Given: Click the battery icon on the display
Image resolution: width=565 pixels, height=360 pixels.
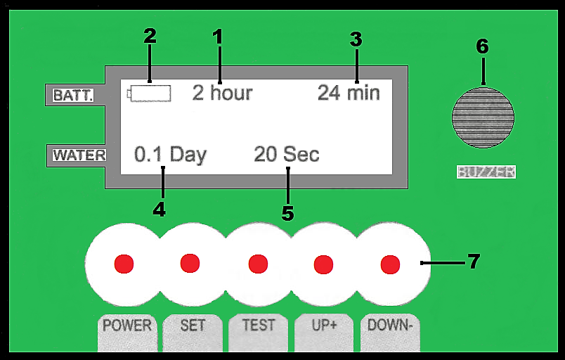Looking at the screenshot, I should point(150,93).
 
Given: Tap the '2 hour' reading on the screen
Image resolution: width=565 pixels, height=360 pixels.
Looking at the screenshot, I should point(222,93).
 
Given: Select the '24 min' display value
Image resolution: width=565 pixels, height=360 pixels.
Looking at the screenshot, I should point(349,93).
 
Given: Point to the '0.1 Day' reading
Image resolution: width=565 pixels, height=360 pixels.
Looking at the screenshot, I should point(170,155).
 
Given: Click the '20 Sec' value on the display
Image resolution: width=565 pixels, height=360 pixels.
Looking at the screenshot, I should point(287,155).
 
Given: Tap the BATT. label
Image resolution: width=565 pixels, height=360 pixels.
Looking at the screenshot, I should point(73,95).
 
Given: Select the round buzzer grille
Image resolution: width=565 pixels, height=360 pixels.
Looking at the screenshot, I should point(483,117).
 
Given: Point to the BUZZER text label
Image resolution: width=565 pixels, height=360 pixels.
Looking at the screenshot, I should point(486,172).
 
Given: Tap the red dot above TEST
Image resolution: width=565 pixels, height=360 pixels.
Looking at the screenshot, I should point(258,264).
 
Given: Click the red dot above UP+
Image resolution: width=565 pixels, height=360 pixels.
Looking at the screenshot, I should point(323,264).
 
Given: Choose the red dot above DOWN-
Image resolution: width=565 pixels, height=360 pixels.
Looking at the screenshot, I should point(390,264).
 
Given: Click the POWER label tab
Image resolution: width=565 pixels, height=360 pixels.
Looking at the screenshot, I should point(127,326).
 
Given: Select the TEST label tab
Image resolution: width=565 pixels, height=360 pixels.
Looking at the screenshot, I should point(259,326).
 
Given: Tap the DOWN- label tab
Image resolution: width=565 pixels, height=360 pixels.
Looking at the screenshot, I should point(390,326).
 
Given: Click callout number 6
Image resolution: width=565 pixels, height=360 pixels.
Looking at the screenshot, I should point(482,46).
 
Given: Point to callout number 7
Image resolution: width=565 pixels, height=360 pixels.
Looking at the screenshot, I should point(474,262).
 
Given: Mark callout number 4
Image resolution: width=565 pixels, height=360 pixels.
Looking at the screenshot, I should point(160,209).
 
